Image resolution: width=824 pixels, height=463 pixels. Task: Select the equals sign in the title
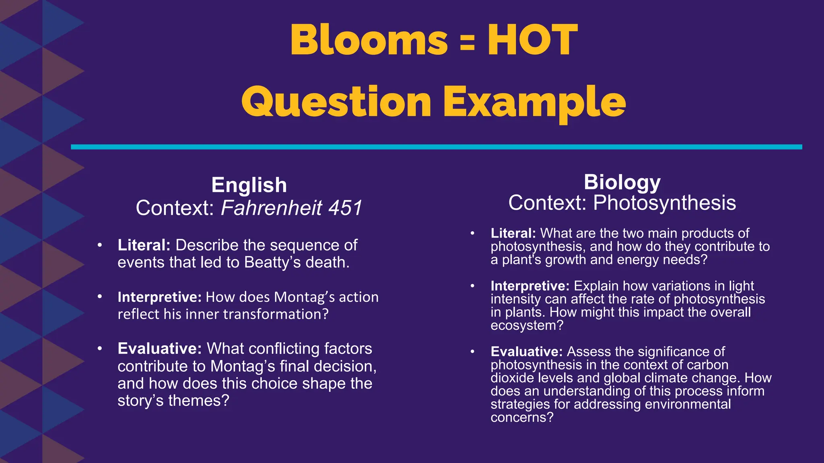(467, 42)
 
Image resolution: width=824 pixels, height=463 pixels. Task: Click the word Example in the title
(534, 102)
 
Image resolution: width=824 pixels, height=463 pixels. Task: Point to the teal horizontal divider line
(436, 147)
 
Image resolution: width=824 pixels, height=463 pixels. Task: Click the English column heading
(249, 185)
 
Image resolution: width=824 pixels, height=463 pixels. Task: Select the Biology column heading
(622, 182)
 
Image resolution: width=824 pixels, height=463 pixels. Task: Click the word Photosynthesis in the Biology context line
(664, 203)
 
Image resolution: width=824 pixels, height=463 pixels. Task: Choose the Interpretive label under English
(159, 297)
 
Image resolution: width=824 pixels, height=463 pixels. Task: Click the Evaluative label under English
(159, 348)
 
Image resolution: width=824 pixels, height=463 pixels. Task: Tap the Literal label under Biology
(513, 233)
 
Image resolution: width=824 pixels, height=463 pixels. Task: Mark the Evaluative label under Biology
(526, 352)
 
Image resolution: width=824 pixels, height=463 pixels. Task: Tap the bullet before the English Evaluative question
(100, 348)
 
